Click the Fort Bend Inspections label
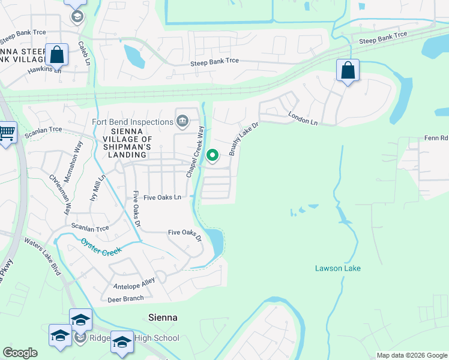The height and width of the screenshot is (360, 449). (132, 122)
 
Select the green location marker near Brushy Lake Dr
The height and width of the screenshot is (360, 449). (212, 155)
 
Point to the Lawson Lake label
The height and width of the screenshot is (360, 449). (338, 268)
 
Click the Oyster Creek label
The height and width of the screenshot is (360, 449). (101, 245)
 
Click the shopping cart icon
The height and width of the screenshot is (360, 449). (7, 133)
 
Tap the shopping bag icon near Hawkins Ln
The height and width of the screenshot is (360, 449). (56, 55)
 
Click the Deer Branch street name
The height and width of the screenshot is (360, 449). (125, 298)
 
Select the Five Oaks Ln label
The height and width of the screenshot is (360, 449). (157, 197)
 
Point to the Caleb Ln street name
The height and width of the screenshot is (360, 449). (84, 53)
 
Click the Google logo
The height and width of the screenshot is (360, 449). (20, 353)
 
